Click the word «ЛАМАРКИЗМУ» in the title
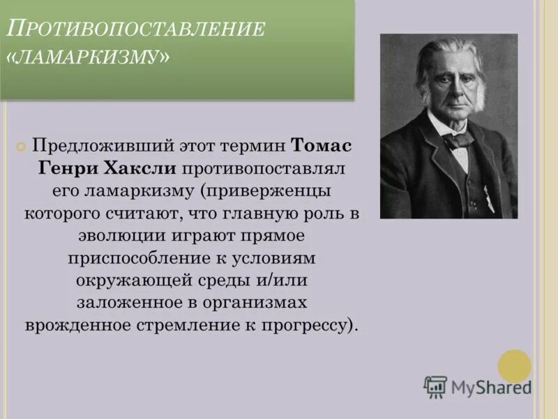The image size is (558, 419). pos(92,58)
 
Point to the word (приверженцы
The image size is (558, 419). pos(266,192)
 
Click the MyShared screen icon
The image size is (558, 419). pos(435,386)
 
